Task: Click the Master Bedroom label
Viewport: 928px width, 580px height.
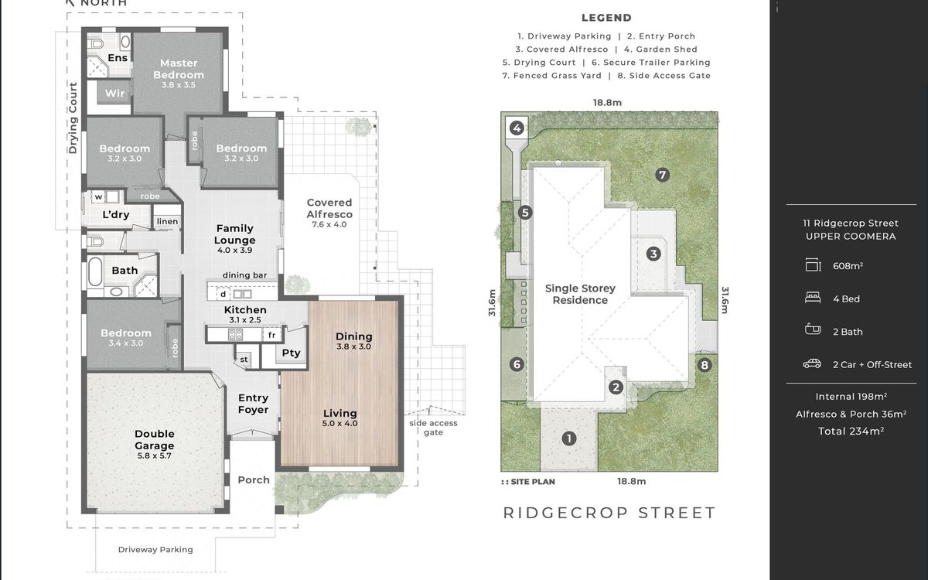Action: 179,69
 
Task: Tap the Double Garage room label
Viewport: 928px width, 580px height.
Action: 154,439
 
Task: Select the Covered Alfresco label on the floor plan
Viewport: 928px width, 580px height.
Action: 329,208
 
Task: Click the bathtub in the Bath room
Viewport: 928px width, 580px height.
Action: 95,271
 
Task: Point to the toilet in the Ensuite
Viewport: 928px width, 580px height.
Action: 96,43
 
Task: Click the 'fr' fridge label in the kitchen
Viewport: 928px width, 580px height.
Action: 271,335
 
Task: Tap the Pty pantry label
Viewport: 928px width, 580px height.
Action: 291,353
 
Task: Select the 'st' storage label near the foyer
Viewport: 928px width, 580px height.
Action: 244,360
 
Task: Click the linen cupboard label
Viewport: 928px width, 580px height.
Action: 167,221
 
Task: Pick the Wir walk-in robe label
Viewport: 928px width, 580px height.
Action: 114,94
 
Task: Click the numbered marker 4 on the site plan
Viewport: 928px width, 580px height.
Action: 517,128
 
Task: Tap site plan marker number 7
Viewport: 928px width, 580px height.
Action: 663,175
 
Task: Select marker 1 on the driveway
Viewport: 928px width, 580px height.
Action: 569,438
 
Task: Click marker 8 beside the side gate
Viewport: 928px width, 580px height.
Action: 705,365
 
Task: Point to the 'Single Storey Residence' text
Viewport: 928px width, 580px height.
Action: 580,294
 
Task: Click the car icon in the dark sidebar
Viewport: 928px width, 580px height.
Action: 812,363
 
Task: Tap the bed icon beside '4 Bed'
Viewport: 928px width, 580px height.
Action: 813,298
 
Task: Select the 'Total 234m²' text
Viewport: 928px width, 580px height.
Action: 851,432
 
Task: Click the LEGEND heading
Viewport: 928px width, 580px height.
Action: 606,18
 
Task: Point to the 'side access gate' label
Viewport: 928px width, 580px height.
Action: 433,428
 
